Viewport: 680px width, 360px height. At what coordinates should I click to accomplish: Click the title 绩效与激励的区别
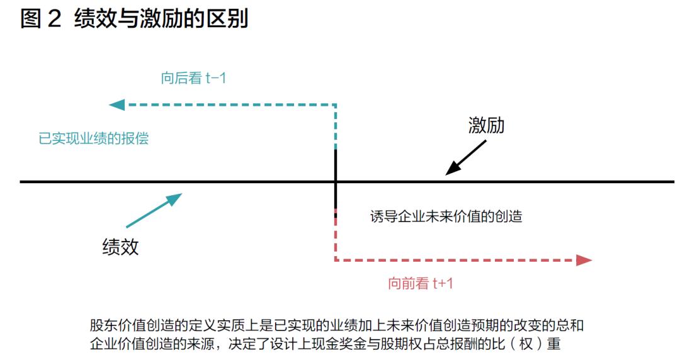[x=161, y=19]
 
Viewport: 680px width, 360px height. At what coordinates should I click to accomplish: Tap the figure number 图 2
[x=41, y=19]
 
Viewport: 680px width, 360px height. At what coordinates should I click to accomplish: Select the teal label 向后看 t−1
[x=193, y=78]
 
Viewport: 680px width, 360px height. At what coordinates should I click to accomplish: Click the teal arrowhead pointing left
[x=116, y=104]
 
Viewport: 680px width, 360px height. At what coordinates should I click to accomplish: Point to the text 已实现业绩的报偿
[x=94, y=138]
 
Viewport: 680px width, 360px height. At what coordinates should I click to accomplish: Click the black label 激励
[x=486, y=125]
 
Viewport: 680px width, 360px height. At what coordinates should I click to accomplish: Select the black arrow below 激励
[x=466, y=157]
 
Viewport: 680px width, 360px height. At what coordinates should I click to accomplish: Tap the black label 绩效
[x=120, y=247]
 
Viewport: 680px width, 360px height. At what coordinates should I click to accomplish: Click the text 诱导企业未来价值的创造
[x=446, y=216]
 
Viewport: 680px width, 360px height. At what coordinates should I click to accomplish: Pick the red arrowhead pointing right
[x=584, y=260]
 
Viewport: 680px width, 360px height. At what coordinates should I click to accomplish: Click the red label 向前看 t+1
[x=420, y=284]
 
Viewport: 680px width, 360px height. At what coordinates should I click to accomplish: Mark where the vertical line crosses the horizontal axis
[x=336, y=182]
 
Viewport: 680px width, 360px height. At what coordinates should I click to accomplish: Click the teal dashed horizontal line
[x=230, y=104]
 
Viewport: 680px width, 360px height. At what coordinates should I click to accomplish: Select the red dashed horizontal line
[x=455, y=260]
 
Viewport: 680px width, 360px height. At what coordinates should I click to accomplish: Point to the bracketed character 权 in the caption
[x=526, y=344]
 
